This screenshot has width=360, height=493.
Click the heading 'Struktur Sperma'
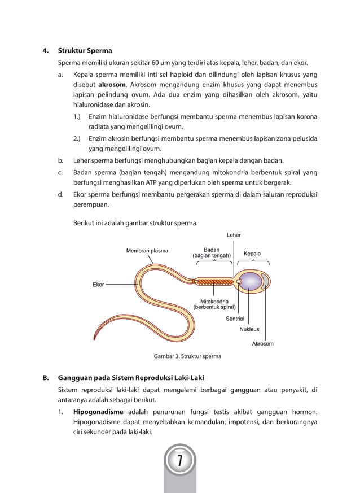(85, 50)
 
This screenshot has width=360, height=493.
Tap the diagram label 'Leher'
(234, 235)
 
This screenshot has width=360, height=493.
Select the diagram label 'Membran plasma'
(147, 250)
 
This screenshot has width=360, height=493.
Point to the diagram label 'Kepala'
(252, 254)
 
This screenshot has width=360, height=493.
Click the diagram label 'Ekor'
(98, 285)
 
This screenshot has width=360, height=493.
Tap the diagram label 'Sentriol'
(235, 319)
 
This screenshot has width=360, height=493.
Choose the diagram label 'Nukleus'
(250, 329)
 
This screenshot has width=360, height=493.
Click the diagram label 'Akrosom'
(262, 343)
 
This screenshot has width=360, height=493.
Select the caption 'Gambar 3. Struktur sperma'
(187, 356)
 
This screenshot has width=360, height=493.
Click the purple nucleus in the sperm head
(251, 281)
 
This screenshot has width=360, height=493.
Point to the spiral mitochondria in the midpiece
(214, 281)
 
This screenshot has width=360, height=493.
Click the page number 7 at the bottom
(179, 461)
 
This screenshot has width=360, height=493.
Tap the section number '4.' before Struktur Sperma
(46, 50)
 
